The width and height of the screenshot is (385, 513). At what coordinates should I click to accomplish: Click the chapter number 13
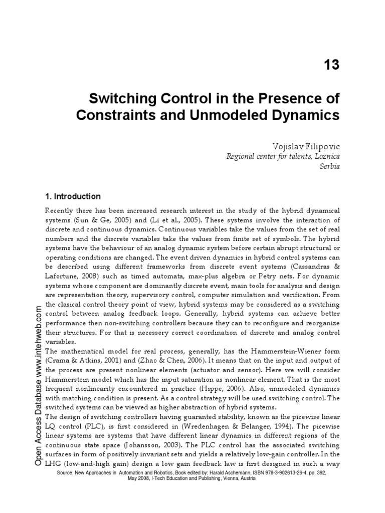(328, 65)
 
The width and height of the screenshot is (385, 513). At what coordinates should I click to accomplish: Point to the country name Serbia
(329, 166)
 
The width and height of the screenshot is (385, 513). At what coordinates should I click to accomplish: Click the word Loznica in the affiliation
(325, 156)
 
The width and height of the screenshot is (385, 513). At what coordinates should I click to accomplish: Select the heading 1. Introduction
(73, 196)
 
